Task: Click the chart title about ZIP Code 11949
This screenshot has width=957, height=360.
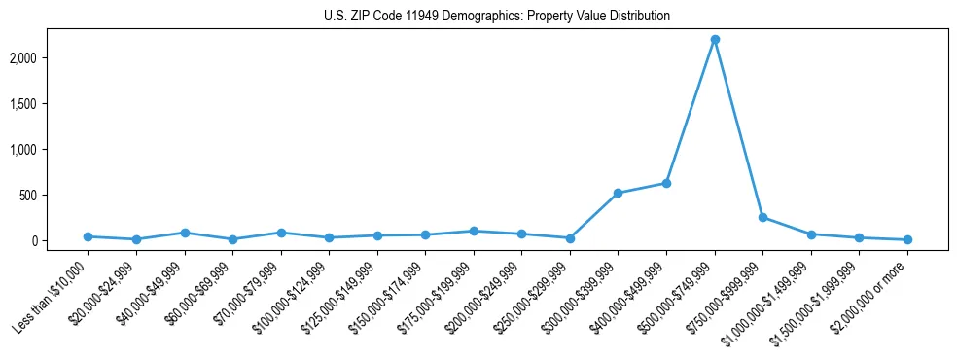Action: pyautogui.click(x=497, y=17)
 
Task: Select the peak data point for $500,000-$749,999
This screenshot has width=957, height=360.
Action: pyautogui.click(x=715, y=40)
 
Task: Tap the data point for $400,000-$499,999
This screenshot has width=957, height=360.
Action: pyautogui.click(x=666, y=183)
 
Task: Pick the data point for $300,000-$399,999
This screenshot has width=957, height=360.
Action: pyautogui.click(x=619, y=193)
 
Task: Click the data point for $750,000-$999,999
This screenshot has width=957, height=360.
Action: pyautogui.click(x=762, y=217)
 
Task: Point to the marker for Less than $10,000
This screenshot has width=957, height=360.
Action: pyautogui.click(x=88, y=236)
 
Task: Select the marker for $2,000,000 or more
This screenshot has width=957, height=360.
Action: pyautogui.click(x=907, y=239)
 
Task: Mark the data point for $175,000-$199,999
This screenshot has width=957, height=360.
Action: pyautogui.click(x=474, y=231)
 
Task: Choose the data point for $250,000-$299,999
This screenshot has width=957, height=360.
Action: pyautogui.click(x=570, y=238)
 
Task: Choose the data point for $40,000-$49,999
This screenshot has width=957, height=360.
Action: pyautogui.click(x=184, y=233)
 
